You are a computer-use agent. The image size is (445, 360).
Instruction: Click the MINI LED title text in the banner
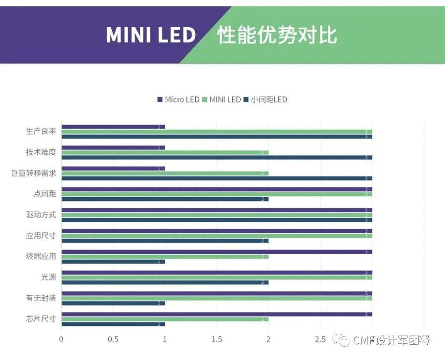tap(151, 35)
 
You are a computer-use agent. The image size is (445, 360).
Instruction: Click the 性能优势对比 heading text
tap(277, 35)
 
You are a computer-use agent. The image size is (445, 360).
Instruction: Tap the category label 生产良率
tap(41, 132)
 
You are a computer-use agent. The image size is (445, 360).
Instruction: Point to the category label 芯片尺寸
tap(41, 318)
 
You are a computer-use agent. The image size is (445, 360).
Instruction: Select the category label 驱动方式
tap(41, 215)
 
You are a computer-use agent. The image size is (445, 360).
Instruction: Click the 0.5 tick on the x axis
tap(113, 339)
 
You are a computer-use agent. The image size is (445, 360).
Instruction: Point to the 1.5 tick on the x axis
tap(217, 339)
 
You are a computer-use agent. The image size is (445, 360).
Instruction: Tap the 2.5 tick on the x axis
tap(320, 339)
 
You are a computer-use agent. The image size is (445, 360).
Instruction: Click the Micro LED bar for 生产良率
tap(113, 127)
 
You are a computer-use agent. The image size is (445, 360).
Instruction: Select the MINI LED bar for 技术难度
tap(165, 152)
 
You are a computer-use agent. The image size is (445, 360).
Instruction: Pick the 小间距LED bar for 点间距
tap(165, 199)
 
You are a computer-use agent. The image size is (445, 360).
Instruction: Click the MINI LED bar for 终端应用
tap(165, 257)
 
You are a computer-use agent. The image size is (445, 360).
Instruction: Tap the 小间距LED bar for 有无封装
tap(113, 303)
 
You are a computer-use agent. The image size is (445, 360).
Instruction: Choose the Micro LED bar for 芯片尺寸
tap(217, 314)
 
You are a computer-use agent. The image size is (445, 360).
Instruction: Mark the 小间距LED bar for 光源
tap(165, 282)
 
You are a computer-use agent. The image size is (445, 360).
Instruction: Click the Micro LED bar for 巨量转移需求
tap(113, 168)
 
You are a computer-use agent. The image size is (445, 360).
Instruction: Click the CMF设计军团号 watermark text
tap(391, 340)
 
